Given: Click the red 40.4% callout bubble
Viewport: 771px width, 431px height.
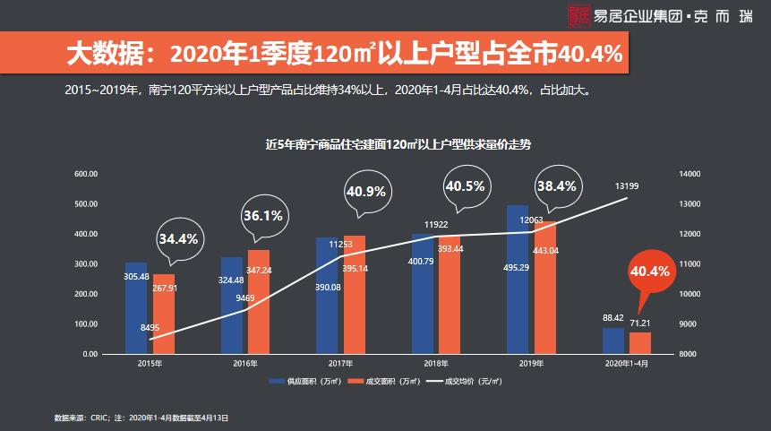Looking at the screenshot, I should (650, 272).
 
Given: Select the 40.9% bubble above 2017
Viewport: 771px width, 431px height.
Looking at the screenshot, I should (365, 192).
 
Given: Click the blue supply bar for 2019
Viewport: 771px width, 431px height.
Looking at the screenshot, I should (518, 280).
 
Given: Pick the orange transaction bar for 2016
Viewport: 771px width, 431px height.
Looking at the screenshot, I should (259, 302).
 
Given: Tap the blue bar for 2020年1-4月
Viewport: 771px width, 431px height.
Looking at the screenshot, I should (613, 341).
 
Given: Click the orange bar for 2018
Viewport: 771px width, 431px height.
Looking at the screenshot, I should (450, 295).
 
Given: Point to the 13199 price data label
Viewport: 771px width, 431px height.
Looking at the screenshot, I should (627, 185).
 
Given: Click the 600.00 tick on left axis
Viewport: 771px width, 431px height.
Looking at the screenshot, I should (85, 174).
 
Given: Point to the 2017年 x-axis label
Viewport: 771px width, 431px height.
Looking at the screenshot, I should (340, 364).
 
